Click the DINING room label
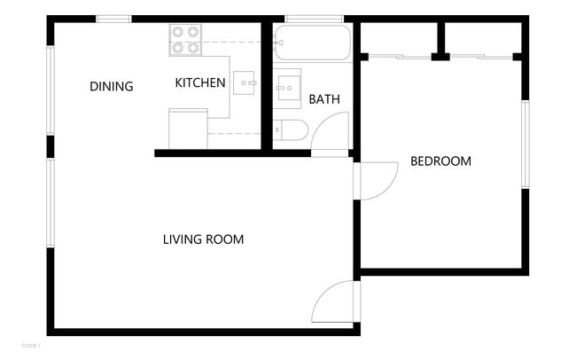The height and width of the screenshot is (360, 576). tap(112, 87)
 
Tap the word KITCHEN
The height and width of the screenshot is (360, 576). tap(200, 83)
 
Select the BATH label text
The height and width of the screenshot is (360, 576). tap(324, 99)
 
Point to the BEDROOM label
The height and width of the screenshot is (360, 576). tap(440, 161)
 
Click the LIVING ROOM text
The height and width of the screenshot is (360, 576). tap(203, 239)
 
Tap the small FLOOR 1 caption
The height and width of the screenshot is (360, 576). tap(31, 344)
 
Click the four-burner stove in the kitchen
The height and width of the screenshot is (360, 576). tap(186, 40)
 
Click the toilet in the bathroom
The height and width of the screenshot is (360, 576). tap(290, 130)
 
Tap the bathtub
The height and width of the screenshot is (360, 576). tap(312, 43)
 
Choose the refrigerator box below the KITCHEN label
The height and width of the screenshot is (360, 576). tap(188, 129)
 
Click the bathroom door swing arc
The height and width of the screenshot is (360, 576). tap(329, 134)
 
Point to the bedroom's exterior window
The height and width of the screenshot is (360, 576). tap(525, 145)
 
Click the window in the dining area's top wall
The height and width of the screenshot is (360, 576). tap(113, 19)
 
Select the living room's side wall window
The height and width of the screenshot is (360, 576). tap(51, 202)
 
